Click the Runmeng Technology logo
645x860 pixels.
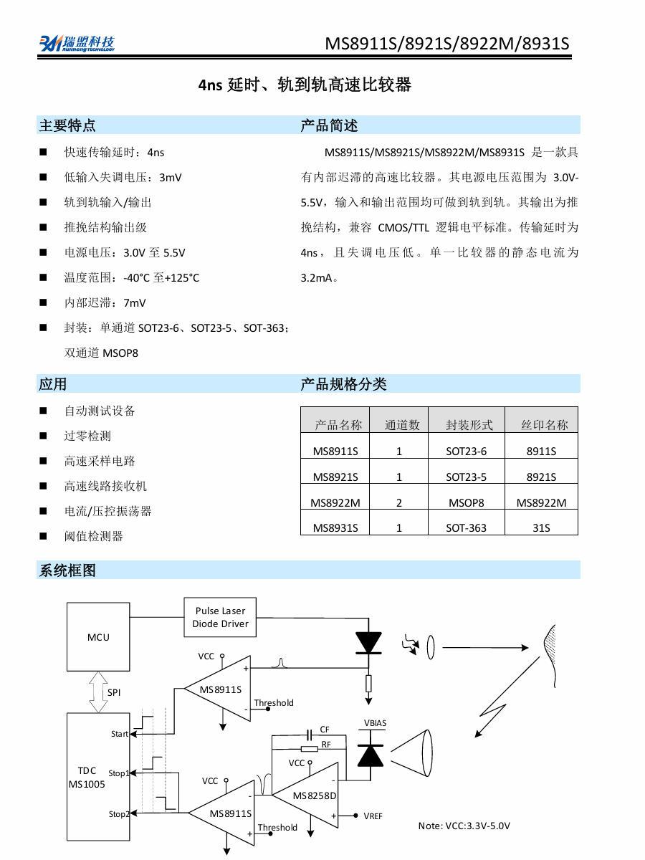click(x=77, y=43)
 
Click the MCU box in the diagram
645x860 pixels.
click(x=98, y=636)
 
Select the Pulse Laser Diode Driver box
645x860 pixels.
click(x=220, y=617)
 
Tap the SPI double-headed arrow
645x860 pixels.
click(x=98, y=692)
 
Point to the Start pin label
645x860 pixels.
click(x=120, y=734)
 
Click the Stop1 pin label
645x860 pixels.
click(x=119, y=773)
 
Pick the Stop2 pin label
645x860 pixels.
click(x=119, y=813)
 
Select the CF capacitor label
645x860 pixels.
click(x=325, y=730)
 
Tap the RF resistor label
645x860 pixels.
click(x=326, y=745)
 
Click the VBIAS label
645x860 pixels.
click(x=375, y=723)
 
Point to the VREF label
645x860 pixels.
click(x=373, y=816)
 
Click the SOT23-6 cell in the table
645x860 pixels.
click(x=466, y=451)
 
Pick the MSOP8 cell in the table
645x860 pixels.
click(x=466, y=502)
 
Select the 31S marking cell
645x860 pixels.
click(x=541, y=528)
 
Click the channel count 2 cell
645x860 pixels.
click(x=399, y=502)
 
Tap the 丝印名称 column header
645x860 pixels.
click(x=545, y=425)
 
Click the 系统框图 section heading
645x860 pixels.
click(x=67, y=570)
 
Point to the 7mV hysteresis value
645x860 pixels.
click(x=135, y=303)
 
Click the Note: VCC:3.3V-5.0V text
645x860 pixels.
click(x=464, y=826)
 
